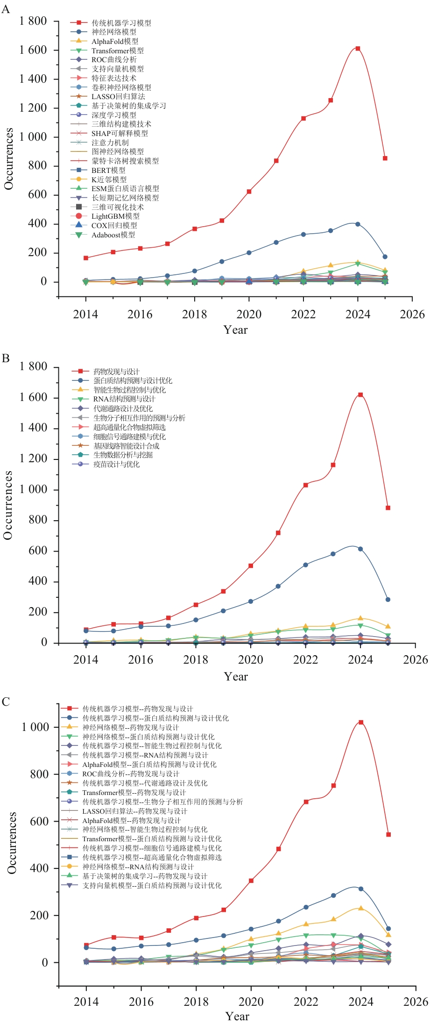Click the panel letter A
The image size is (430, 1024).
6,9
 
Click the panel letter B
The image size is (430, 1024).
6,358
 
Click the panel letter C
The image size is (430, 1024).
6,702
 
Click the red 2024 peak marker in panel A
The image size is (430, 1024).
358,49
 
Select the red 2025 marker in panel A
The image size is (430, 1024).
385,158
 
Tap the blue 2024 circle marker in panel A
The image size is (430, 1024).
358,224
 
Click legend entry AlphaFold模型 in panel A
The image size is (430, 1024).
115,41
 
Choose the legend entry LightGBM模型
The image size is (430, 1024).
115,216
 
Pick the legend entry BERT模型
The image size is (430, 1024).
108,170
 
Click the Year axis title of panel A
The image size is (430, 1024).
236,330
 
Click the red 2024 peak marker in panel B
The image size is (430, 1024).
360,395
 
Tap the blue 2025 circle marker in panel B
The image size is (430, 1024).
388,600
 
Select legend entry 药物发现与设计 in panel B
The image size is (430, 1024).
116,372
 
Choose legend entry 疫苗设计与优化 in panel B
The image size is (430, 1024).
116,464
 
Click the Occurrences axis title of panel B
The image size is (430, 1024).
8,505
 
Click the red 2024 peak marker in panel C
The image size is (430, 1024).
361,722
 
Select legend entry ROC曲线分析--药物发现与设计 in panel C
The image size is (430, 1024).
131,773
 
